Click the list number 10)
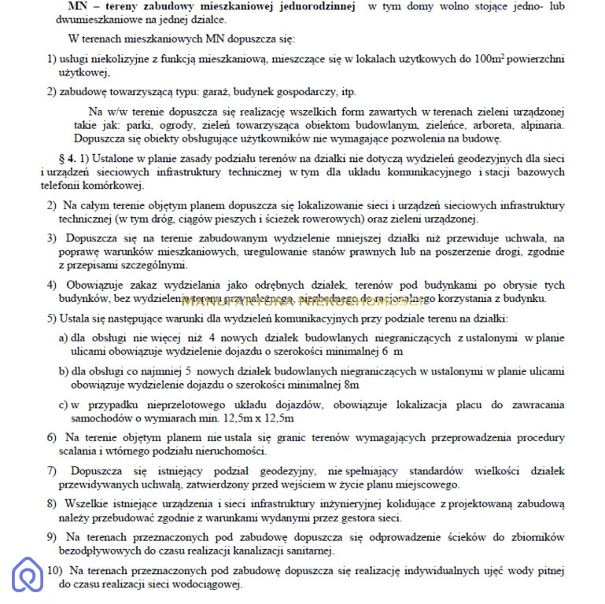[55, 571]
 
